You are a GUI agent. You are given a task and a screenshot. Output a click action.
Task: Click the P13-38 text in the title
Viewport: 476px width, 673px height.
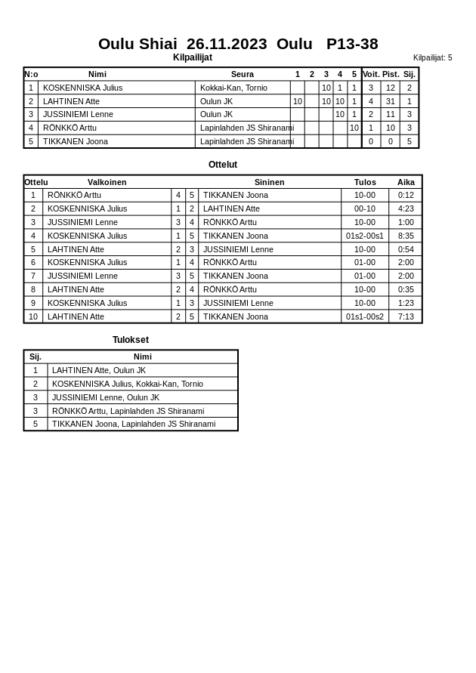coord(352,44)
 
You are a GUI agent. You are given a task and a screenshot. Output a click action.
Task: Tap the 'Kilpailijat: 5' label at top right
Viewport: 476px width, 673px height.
coord(432,57)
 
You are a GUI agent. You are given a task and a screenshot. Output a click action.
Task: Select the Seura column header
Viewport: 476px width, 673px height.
coord(242,74)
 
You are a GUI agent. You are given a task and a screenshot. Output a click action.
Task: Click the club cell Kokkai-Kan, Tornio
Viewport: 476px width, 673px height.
coord(233,88)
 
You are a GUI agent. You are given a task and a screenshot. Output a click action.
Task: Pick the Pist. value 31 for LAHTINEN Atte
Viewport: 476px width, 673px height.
coord(390,101)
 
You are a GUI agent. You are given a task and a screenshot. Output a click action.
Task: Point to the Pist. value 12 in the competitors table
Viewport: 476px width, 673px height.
coord(390,88)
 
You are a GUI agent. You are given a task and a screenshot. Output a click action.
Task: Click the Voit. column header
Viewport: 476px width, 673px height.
coord(371,74)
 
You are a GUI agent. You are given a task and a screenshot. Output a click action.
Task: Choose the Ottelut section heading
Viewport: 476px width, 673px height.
coord(223,165)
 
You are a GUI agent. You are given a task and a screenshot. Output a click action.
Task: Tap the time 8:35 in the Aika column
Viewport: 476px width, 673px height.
coord(406,236)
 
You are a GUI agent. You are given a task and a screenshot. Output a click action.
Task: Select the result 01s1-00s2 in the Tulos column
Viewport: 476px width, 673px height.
coord(365,316)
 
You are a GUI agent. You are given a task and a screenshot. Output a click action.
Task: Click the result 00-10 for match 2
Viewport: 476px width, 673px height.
coord(365,208)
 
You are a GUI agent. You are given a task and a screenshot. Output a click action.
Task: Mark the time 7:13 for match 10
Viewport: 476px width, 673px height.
coord(406,316)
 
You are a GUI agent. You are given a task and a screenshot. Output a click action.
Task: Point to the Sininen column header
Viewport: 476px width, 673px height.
coord(269,182)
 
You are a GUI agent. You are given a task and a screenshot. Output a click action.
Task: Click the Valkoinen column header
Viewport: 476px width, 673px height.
coord(107,182)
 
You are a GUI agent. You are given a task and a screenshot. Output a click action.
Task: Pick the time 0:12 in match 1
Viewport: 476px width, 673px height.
coord(406,195)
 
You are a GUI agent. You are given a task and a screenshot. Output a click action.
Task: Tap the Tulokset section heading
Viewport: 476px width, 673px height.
coord(131,340)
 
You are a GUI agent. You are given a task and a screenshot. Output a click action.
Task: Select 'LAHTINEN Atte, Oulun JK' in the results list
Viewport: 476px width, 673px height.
coord(99,370)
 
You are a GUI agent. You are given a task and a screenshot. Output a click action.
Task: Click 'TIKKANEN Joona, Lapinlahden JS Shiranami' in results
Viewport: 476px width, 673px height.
coord(134,424)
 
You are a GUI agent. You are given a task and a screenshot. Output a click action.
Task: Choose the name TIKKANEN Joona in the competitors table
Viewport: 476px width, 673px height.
coord(76,141)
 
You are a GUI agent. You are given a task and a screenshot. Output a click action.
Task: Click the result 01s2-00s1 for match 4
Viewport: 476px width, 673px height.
coord(365,236)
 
